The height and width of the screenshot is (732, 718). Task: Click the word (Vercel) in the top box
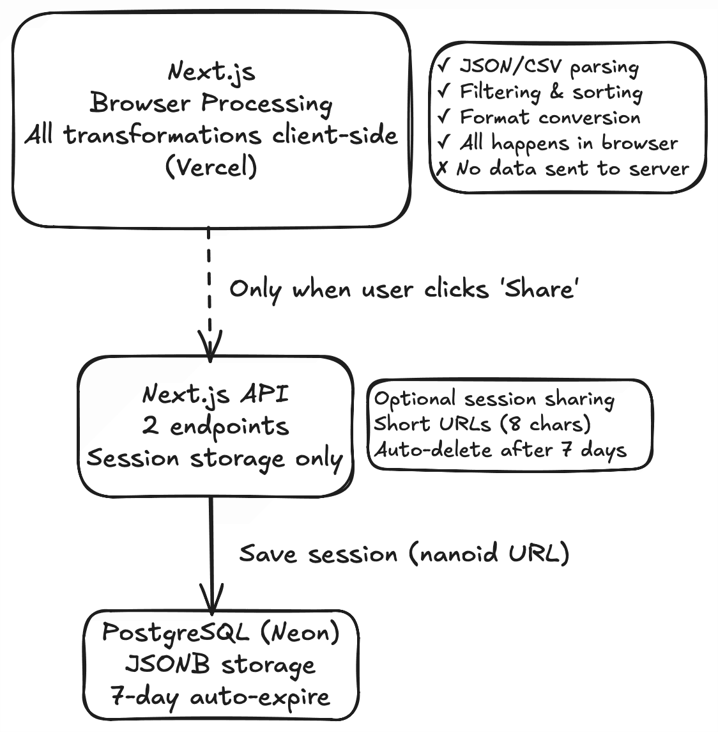(x=211, y=167)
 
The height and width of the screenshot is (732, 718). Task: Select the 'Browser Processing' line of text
(x=211, y=104)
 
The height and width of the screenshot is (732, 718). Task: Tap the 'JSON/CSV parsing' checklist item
(x=548, y=67)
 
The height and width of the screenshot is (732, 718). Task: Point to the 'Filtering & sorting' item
(x=551, y=92)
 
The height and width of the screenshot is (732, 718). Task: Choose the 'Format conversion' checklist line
(x=549, y=118)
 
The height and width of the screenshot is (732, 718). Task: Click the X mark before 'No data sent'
(x=443, y=169)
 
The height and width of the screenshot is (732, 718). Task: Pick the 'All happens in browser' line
(x=568, y=143)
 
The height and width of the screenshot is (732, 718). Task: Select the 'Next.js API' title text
(x=215, y=394)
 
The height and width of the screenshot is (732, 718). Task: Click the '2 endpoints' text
(x=215, y=426)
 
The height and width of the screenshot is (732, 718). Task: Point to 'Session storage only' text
(x=215, y=458)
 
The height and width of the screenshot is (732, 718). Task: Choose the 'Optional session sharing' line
(x=494, y=399)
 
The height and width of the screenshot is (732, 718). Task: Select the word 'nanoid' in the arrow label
(x=458, y=553)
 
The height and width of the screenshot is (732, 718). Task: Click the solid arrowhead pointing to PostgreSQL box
(x=211, y=600)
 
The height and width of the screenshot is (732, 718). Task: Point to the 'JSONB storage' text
(x=220, y=665)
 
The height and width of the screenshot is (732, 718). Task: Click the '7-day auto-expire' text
(x=220, y=696)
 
